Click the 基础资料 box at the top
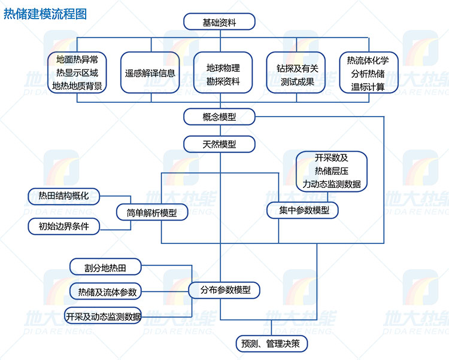(220, 22)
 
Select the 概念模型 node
(220, 117)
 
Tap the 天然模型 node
(220, 144)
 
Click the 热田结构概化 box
(64, 196)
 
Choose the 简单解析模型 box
(151, 212)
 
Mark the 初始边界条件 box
(64, 227)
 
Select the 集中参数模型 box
(304, 210)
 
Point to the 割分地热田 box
(105, 266)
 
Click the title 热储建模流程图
(45, 13)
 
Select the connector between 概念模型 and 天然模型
(220, 130)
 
